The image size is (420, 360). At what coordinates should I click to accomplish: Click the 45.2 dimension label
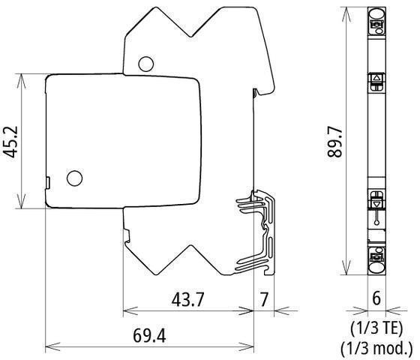point(10,142)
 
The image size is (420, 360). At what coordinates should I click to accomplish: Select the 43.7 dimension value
point(187,299)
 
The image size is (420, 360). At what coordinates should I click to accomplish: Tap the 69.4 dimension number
point(149,335)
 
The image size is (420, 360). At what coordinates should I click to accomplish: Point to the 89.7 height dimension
point(334,142)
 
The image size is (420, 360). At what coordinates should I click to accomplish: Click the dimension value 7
point(264,299)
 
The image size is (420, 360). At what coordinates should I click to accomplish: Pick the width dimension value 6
point(376,298)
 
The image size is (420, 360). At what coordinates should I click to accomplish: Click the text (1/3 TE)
point(376,328)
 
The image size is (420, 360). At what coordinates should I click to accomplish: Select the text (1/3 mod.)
point(376,348)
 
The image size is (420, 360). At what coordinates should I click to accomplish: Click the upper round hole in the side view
point(146,64)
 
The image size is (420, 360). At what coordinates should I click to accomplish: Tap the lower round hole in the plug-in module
point(74,178)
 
